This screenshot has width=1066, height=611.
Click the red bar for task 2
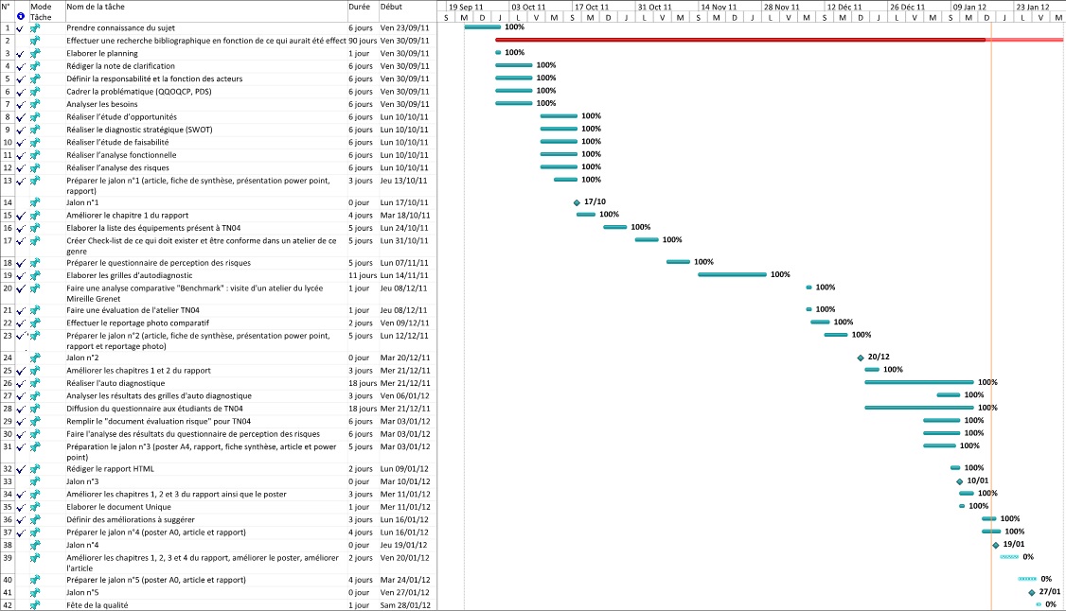tap(738, 40)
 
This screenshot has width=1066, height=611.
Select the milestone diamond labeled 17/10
tap(577, 202)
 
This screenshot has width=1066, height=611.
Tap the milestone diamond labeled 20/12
tap(861, 358)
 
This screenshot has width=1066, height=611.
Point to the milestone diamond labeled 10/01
tap(959, 480)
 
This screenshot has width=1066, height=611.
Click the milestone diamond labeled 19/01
tap(996, 545)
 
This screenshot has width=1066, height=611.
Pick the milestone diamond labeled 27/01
tap(1032, 592)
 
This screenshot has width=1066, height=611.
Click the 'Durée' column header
tap(359, 7)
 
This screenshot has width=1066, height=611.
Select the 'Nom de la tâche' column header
tap(95, 7)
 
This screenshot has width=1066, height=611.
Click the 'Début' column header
tap(391, 7)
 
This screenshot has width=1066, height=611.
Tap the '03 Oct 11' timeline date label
tap(528, 7)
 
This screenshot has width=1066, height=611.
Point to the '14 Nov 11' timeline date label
tap(718, 7)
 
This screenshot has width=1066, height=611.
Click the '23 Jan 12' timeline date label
tap(1033, 7)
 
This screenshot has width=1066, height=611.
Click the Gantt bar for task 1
tap(482, 27)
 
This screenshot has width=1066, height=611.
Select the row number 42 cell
tap(8, 604)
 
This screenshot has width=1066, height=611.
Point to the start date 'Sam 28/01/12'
tap(404, 604)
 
